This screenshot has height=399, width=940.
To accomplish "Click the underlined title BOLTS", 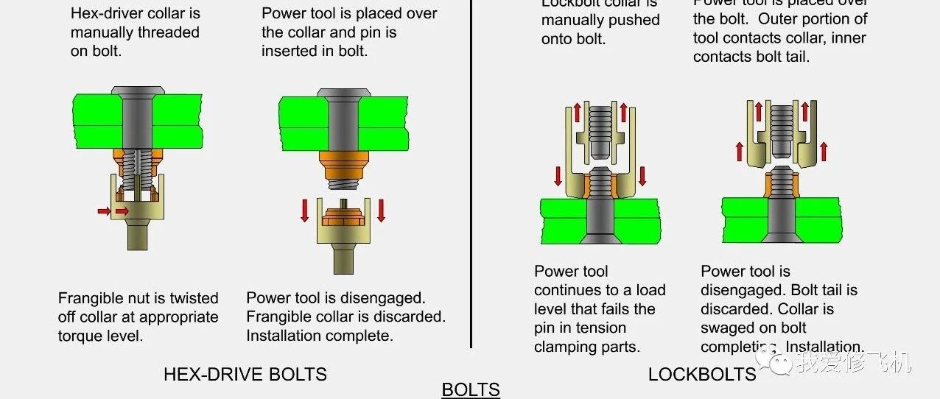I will pos(471,389).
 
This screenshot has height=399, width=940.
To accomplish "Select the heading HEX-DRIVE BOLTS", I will pos(245,374).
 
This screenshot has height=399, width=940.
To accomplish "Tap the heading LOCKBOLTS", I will pos(701,374).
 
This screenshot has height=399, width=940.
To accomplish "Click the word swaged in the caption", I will pos(726,328).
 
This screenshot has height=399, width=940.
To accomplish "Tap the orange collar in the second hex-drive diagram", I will pos(343,163).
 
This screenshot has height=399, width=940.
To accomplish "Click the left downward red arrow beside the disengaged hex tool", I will pos(305,209).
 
